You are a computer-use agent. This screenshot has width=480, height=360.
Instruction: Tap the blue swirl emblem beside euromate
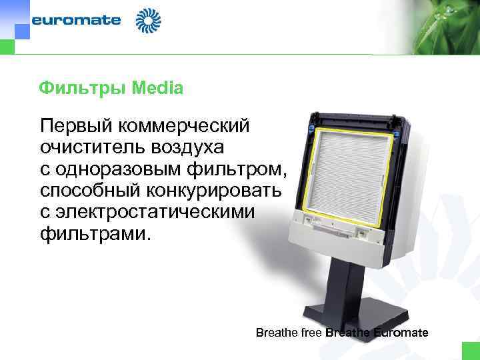pyautogui.click(x=148, y=21)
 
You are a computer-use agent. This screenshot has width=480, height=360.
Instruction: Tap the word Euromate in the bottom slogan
pyautogui.click(x=401, y=332)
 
